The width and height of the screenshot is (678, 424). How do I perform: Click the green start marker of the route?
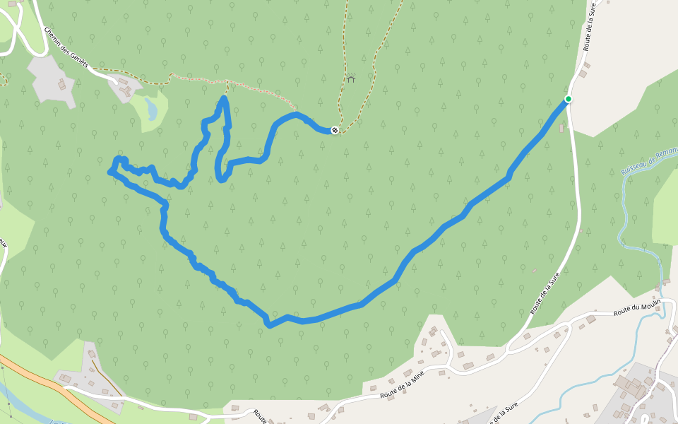[x=568, y=99]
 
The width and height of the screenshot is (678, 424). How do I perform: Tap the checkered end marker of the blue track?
[x=335, y=130]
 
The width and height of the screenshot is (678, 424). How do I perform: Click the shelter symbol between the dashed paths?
[x=350, y=78]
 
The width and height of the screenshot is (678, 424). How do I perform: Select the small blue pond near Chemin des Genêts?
[x=151, y=109]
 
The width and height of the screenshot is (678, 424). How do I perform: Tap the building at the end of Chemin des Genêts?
[x=126, y=88]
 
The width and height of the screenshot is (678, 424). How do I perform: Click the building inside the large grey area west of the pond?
[x=61, y=85]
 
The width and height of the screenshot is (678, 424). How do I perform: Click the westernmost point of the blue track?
[x=109, y=172]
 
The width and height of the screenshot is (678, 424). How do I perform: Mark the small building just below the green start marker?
[x=561, y=128]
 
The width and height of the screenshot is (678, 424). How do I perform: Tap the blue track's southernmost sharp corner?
[x=269, y=325]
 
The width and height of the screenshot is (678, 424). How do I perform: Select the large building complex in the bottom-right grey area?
[x=631, y=387]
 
